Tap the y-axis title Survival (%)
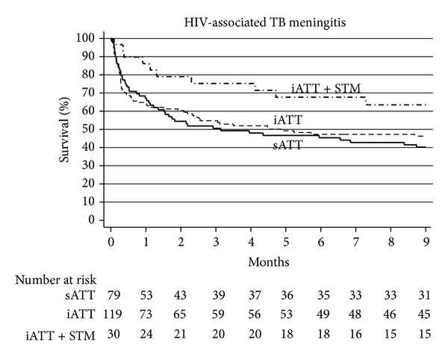tap(66, 129)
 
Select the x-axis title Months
tap(268, 263)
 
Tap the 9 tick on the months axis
tap(425, 243)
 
